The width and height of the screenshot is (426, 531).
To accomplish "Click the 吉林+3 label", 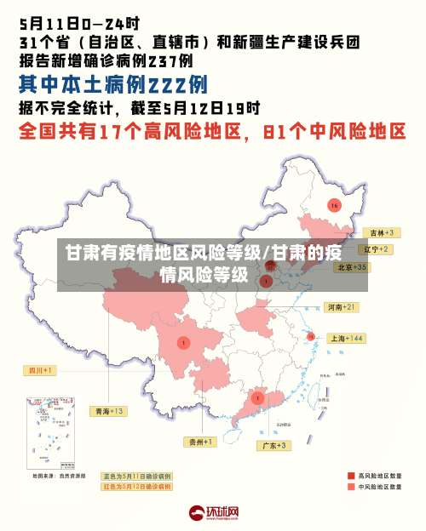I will tap(380, 232).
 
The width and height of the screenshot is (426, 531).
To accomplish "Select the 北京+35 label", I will tap(352, 266).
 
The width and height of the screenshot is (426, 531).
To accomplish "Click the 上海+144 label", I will tap(346, 338).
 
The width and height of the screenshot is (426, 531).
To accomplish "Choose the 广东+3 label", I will tap(273, 445).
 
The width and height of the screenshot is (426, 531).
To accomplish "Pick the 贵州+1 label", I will tap(200, 442).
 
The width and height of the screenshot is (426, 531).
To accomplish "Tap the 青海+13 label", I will tap(109, 411).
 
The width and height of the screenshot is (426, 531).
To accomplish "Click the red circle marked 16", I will tap(334, 206).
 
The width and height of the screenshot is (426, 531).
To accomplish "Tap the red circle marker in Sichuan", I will tap(183, 343).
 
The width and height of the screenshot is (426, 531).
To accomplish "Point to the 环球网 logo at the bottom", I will tap(213, 512).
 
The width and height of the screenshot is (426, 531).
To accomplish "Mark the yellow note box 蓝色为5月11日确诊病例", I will tap(137, 476).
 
